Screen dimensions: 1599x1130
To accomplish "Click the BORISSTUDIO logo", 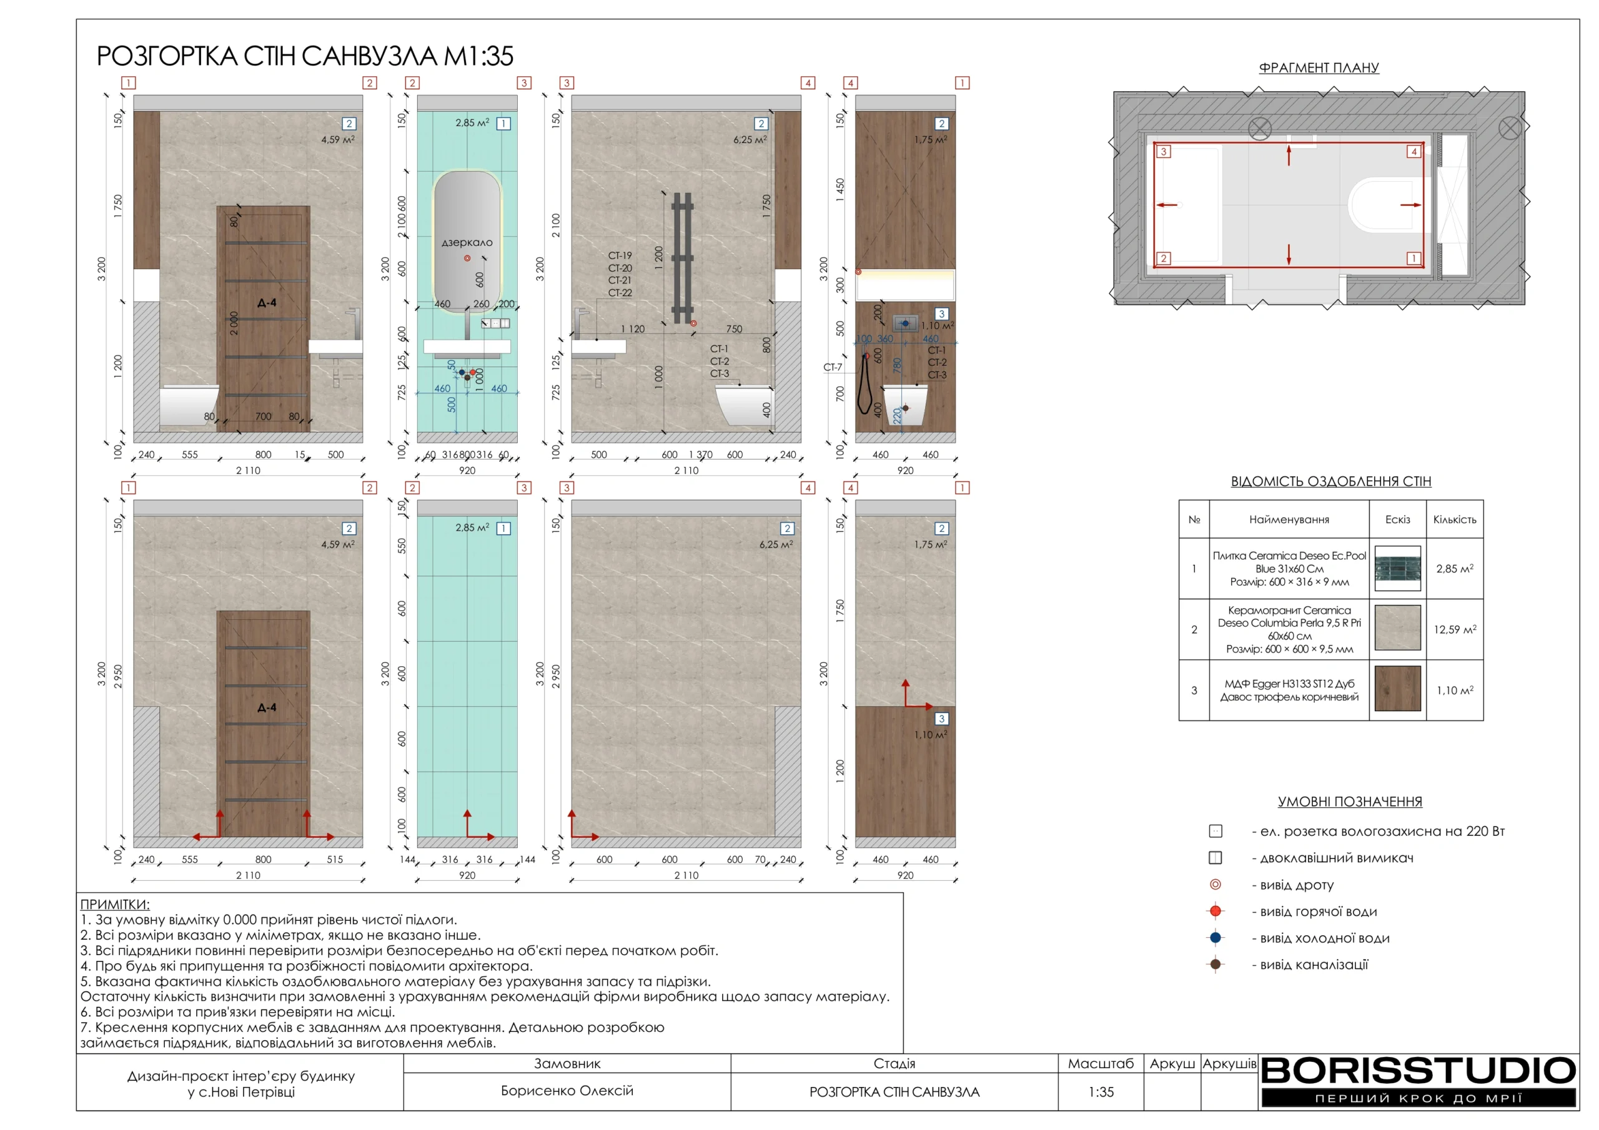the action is pyautogui.click(x=1418, y=1081).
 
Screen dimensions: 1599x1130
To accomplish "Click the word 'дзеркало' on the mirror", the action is pyautogui.click(x=467, y=242).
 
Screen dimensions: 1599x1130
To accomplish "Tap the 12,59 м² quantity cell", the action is pyautogui.click(x=1454, y=629).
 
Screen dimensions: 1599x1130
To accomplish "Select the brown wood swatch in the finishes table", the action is pyautogui.click(x=1397, y=689).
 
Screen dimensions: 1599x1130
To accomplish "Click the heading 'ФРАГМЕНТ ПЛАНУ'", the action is pyautogui.click(x=1319, y=67).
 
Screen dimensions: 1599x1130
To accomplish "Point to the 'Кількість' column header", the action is pyautogui.click(x=1454, y=519).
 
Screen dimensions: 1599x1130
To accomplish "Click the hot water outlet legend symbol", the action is pyautogui.click(x=1215, y=911).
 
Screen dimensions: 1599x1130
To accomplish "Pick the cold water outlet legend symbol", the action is pyautogui.click(x=1215, y=938).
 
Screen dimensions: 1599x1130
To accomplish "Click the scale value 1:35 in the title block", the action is pyautogui.click(x=1101, y=1092).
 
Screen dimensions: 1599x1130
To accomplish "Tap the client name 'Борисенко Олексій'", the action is pyautogui.click(x=567, y=1090).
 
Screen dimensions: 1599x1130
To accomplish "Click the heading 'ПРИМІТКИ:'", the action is pyautogui.click(x=115, y=905).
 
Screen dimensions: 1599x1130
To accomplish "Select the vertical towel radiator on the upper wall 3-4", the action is pyautogui.click(x=683, y=258).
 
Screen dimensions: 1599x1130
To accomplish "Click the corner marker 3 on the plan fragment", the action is pyautogui.click(x=1163, y=151).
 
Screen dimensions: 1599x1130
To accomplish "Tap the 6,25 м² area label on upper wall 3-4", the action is pyautogui.click(x=750, y=139).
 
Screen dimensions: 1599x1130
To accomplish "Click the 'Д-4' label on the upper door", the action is pyautogui.click(x=267, y=303).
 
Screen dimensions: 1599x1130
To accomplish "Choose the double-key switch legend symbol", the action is pyautogui.click(x=1215, y=858).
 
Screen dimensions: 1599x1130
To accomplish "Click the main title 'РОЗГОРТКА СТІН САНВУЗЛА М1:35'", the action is pyautogui.click(x=305, y=56).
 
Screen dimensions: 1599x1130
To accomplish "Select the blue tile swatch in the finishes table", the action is pyautogui.click(x=1397, y=568).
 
